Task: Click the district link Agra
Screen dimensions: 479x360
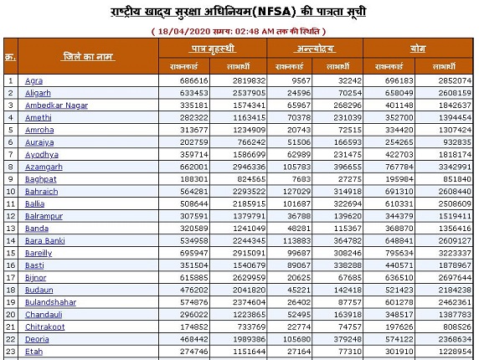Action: [33, 80]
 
